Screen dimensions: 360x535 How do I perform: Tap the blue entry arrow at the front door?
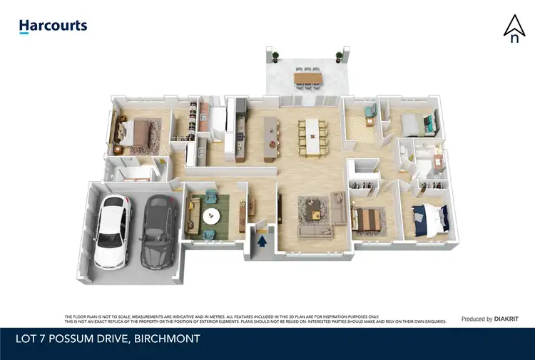tap(262, 241)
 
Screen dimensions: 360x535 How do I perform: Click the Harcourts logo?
tap(53, 26)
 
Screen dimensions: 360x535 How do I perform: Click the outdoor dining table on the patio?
tap(308, 76)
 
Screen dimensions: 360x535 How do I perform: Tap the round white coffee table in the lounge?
tap(211, 215)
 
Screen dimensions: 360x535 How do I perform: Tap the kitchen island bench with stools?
tap(270, 137)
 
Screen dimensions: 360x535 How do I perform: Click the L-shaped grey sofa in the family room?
tap(317, 227)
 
